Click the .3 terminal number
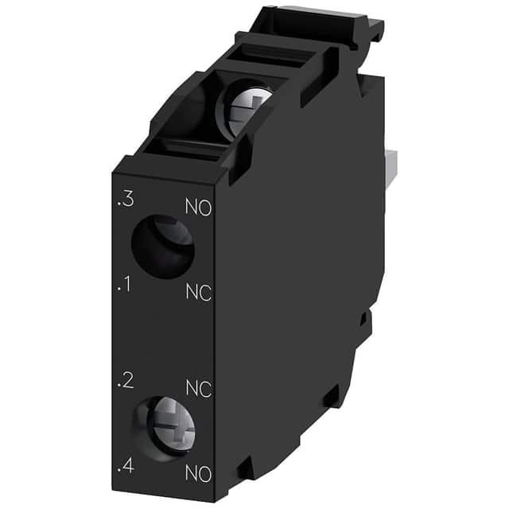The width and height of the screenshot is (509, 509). click(125, 201)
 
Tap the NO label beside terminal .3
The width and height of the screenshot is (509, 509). click(199, 208)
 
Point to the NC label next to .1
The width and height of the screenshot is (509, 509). click(199, 292)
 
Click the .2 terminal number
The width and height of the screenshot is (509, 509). click(123, 380)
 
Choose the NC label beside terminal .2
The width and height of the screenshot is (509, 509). click(199, 388)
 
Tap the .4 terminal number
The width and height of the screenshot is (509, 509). click(124, 465)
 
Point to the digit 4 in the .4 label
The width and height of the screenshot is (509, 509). click(127, 465)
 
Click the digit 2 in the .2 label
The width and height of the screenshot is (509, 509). click(127, 380)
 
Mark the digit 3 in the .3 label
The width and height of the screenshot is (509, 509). click(127, 201)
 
